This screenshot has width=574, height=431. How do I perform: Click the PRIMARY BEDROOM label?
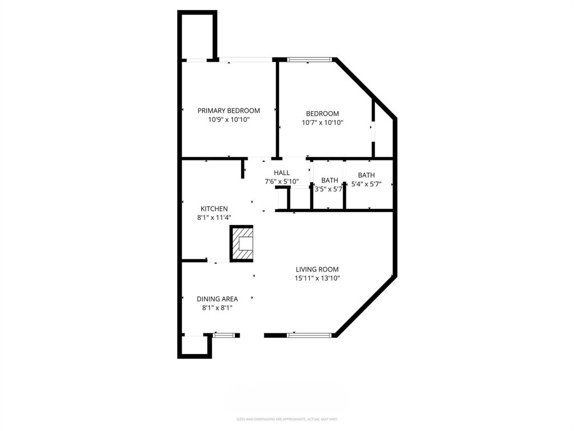point(229,111)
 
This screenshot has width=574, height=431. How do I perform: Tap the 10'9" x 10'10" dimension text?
point(229,120)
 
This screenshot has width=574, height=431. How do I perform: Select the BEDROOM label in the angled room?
point(322,113)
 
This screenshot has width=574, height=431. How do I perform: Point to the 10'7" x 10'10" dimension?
point(322,122)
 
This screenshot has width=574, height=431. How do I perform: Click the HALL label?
point(282,173)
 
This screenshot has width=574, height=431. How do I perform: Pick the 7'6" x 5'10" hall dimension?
point(281,182)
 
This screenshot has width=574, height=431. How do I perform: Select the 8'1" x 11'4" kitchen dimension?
point(214,218)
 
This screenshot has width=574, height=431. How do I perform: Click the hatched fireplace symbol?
point(242,244)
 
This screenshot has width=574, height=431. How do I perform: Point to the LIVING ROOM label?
point(317,269)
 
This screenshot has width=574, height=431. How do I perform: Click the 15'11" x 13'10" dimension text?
point(317,278)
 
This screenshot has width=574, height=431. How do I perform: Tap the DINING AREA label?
point(217,299)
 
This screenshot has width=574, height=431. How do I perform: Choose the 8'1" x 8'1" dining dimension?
point(217,308)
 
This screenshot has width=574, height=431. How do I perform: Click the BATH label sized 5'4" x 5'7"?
point(366,175)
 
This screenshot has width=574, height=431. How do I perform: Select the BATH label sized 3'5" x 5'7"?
point(330,180)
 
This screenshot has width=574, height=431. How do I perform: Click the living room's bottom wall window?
point(309,336)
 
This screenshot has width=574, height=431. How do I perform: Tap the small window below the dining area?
point(224,336)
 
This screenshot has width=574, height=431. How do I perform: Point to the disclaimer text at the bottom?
point(287,419)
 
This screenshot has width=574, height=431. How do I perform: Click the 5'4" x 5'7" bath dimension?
point(366,184)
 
